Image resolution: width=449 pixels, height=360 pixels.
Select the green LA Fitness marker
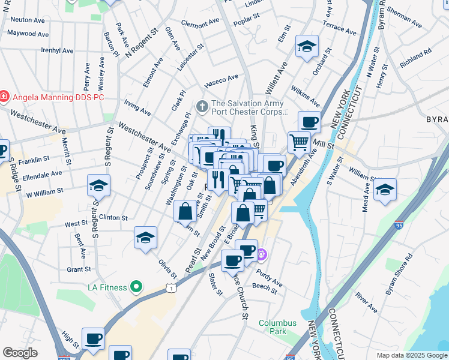(136, 287)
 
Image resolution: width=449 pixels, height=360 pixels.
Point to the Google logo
(20, 353)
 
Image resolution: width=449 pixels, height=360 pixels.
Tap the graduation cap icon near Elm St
(307, 47)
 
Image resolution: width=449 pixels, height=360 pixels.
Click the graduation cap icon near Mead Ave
(385, 191)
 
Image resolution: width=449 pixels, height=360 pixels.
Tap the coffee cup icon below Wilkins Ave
(310, 122)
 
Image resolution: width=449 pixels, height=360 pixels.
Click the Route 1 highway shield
(172, 289)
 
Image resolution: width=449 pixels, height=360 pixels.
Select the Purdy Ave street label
(270, 277)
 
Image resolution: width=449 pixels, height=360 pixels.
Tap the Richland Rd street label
(415, 57)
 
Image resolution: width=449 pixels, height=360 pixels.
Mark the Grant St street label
(78, 269)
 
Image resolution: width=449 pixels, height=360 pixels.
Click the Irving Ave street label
(137, 108)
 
